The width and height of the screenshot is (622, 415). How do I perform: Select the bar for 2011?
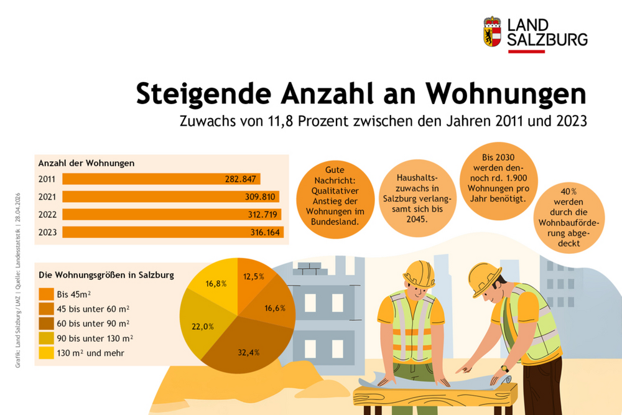pyautogui.click(x=161, y=179)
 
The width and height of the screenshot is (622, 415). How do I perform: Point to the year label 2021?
pyautogui.click(x=47, y=197)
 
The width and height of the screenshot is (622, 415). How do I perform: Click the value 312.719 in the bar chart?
pyautogui.click(x=264, y=215)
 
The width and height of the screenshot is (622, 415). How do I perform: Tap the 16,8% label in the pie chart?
pyautogui.click(x=215, y=283)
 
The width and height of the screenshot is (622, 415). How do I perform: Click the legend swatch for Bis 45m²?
pyautogui.click(x=46, y=294)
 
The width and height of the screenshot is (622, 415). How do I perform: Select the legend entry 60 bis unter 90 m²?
pyautogui.click(x=93, y=323)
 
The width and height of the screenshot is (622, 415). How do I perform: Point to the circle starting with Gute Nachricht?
pyautogui.click(x=335, y=195)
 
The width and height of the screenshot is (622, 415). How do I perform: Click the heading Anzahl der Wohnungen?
pyautogui.click(x=87, y=163)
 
